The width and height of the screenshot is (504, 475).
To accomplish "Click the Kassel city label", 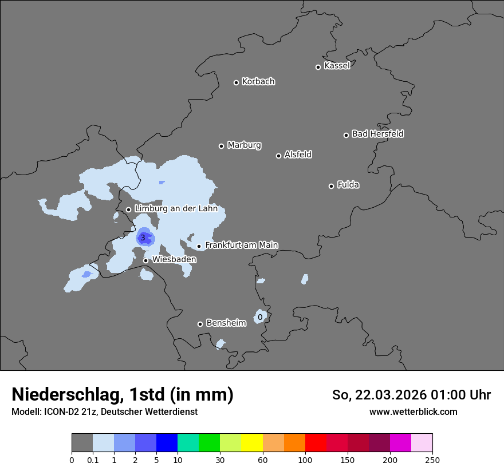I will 337,66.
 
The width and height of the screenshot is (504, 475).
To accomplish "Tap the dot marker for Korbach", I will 236,82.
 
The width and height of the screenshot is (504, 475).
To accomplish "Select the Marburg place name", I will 244,145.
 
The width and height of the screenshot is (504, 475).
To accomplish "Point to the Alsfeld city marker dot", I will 278,156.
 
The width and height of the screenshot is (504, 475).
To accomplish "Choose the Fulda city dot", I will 331,186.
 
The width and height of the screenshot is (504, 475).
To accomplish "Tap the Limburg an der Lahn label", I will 176,209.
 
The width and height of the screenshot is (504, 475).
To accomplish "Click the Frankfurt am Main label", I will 241,245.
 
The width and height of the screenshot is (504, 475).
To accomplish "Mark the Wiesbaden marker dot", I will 145,260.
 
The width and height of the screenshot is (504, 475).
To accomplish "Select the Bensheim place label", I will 226,323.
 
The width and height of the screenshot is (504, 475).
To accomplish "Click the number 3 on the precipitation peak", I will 143,237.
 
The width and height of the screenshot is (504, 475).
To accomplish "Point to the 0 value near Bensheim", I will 260,317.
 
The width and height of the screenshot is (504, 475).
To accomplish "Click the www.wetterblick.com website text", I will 413,411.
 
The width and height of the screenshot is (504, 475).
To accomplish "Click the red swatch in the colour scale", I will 316,443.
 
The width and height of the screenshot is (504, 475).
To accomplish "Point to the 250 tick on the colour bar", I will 432,460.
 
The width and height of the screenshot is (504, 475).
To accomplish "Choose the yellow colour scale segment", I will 252,443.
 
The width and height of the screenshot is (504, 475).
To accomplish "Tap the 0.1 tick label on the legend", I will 93,460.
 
